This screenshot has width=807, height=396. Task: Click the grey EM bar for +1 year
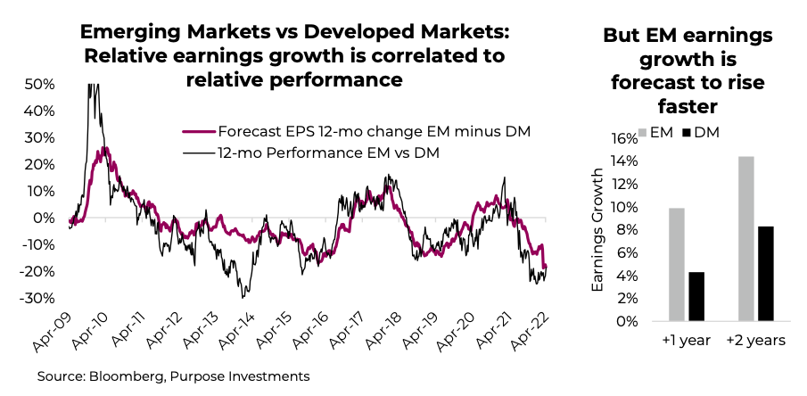pos(676,264)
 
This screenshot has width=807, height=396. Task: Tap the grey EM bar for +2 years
pos(746,238)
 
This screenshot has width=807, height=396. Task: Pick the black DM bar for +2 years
pos(767,273)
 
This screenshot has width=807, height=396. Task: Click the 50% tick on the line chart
pos(41,84)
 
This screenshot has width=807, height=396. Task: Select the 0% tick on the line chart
pos(45,218)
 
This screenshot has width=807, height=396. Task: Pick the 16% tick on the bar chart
pos(624,138)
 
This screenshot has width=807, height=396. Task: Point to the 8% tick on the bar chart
pos(628,230)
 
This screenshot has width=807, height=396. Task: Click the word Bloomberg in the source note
pos(128,376)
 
